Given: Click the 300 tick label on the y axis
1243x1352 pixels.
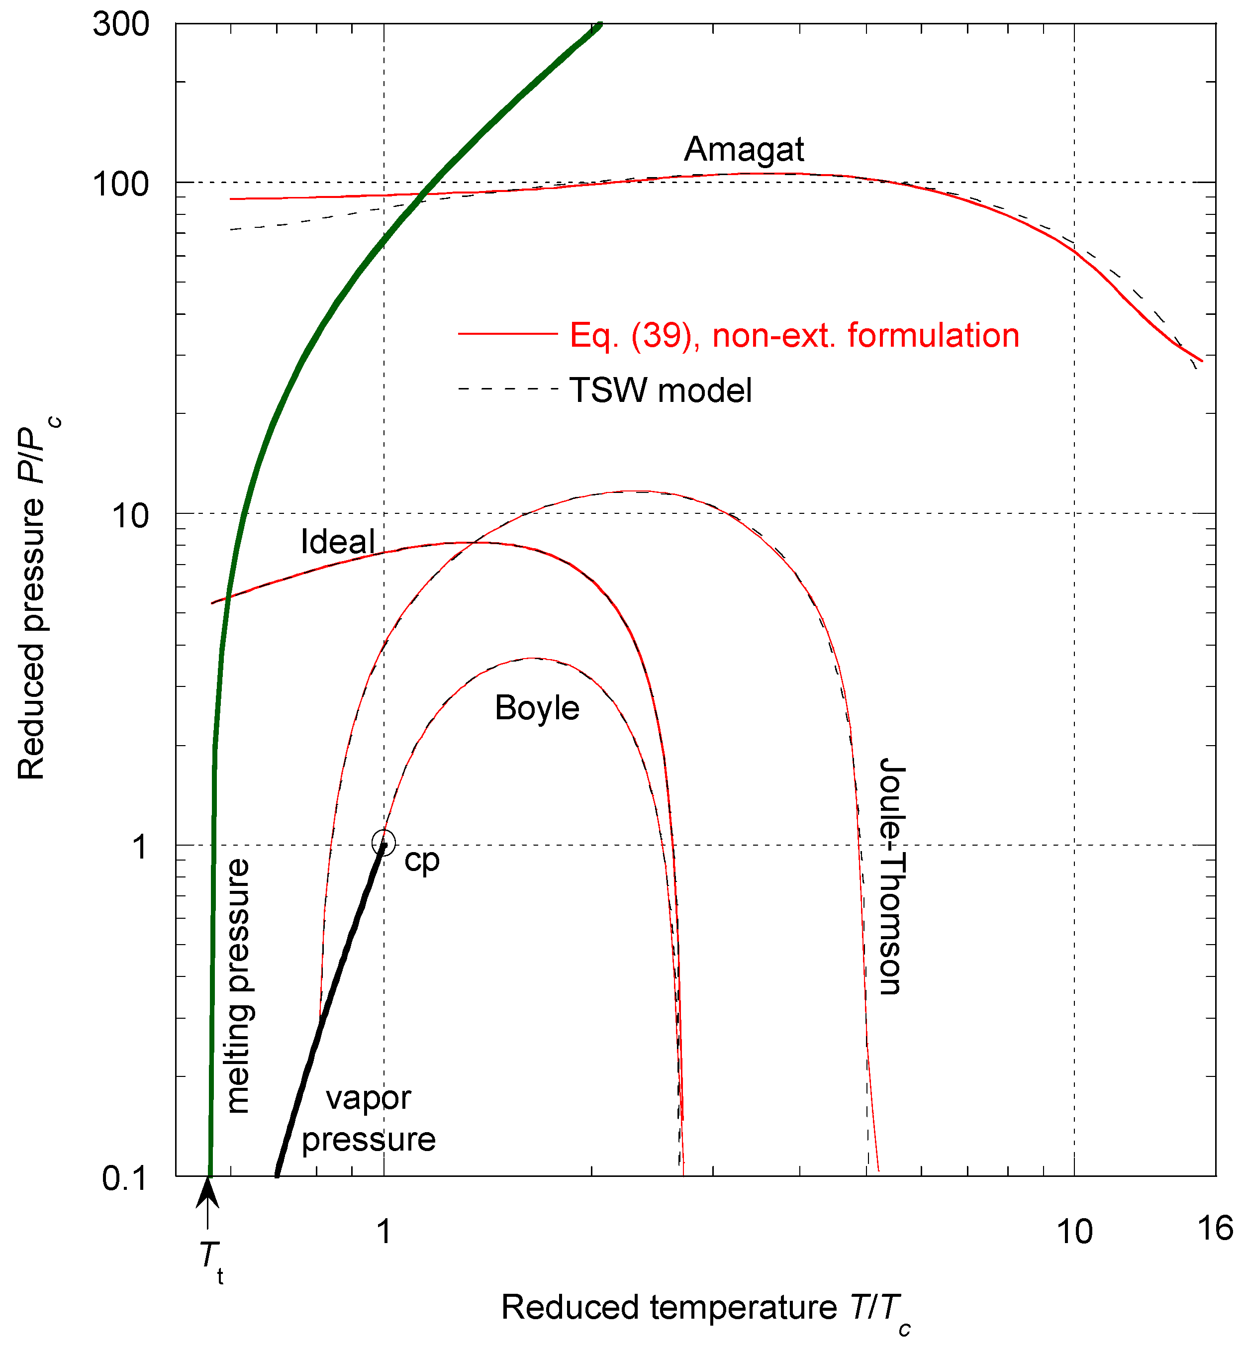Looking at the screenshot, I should pos(121,25).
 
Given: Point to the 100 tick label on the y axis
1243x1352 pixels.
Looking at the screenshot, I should pos(121,184).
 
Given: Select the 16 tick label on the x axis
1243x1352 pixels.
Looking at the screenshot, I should pos(1215,1228).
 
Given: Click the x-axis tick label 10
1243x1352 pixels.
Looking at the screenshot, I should pos(1074,1232).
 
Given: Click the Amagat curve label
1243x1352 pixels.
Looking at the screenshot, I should pos(744,149).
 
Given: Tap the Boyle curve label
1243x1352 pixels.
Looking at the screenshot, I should pos(537,708).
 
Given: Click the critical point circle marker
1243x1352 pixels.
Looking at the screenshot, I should pos(383,842).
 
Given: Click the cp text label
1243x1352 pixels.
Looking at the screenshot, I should pos(422,861).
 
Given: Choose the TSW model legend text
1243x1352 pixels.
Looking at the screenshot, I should pos(661,390).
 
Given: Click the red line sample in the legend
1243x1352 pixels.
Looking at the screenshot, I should pos(508,334).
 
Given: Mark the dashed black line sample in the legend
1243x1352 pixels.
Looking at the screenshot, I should pos(508,389).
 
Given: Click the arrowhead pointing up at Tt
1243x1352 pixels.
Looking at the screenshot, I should pos(208,1193).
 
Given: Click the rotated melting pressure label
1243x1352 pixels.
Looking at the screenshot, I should pos(238,986).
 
